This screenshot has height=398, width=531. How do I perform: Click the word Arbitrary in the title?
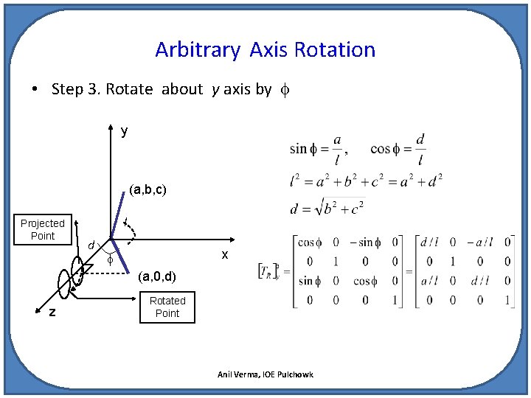coord(197,50)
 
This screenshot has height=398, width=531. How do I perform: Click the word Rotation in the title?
coord(335,50)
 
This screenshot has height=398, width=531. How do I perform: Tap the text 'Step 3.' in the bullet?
coord(76,89)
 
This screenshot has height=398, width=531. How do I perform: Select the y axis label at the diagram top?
coord(124,131)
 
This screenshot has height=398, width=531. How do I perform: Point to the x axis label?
coord(225,254)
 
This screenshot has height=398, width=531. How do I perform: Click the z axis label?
coord(52,313)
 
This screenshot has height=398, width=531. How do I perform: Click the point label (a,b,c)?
coord(147,189)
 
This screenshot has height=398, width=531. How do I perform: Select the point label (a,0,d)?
coord(157,277)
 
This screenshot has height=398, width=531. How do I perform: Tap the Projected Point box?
coord(43,229)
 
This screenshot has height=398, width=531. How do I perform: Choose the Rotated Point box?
coord(167,307)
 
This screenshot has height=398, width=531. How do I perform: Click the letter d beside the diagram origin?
coord(90,245)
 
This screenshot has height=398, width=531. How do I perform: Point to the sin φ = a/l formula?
coord(317,149)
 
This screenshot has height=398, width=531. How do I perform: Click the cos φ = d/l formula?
coord(398,149)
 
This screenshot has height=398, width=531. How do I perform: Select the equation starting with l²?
coord(365,179)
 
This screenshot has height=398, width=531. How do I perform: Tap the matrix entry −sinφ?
coord(365,242)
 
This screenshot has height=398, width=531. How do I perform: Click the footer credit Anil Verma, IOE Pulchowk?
coord(265,374)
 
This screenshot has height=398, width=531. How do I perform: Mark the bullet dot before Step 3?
coord(35,90)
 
